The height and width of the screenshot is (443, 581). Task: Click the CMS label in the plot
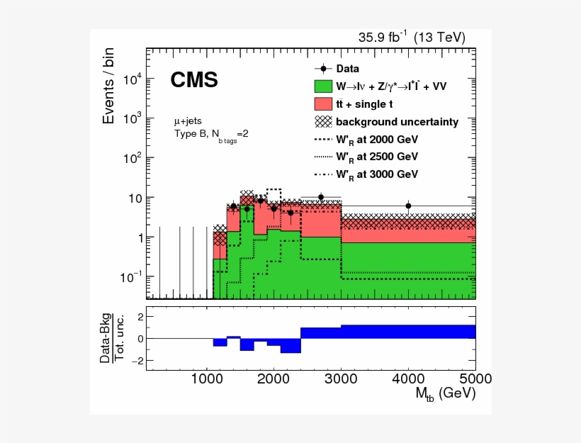click(x=193, y=81)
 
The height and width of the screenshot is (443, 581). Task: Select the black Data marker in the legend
click(x=323, y=69)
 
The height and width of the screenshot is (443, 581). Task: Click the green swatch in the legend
click(x=323, y=86)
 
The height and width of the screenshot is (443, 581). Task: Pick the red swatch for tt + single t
click(x=323, y=104)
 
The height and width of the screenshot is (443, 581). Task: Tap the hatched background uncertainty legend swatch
click(x=323, y=121)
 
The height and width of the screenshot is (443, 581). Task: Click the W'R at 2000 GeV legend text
click(x=377, y=139)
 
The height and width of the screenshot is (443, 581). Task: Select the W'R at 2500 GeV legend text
click(x=377, y=156)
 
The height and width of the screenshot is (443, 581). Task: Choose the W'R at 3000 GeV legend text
click(x=377, y=174)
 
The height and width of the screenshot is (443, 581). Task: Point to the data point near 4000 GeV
click(x=408, y=206)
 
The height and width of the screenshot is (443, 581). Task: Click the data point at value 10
click(x=321, y=197)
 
